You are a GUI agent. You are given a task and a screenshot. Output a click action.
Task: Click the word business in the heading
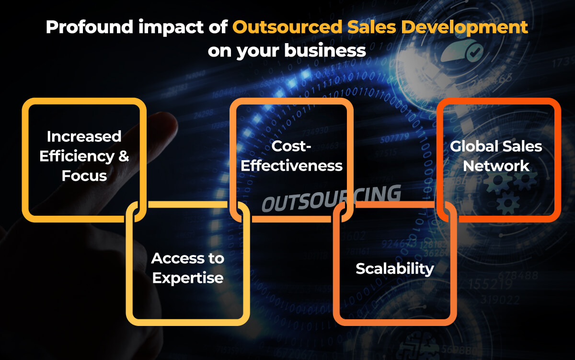[326, 50]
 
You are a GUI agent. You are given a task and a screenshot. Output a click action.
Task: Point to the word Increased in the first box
[84, 137]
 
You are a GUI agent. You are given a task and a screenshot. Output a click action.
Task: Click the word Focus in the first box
[84, 176]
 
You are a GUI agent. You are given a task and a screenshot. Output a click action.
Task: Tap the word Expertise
[187, 278]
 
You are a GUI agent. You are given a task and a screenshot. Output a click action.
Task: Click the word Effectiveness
[291, 166]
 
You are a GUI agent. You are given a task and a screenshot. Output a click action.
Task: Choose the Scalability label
[394, 268]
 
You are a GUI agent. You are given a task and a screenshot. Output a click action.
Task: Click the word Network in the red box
[496, 166]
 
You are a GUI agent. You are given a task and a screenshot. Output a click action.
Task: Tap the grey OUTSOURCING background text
[331, 198]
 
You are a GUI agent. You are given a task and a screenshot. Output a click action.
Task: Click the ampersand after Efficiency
[123, 156]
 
